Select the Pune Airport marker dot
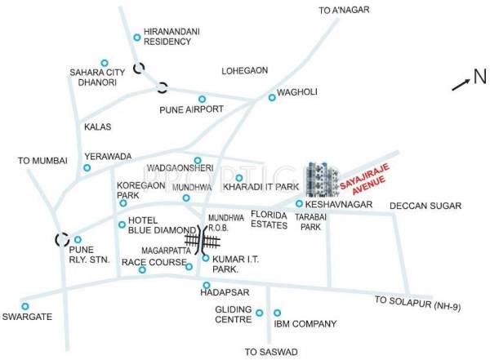click(203, 109)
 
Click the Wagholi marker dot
click(272, 98)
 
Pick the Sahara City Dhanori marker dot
click(105, 63)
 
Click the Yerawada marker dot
click(87, 168)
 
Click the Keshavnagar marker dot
click(299, 204)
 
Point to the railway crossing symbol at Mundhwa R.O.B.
click(203, 239)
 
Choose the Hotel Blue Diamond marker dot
click(121, 224)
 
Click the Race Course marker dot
click(142, 269)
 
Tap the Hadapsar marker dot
click(205, 285)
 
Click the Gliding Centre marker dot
click(260, 313)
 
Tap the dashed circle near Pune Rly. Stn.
click(61, 240)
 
